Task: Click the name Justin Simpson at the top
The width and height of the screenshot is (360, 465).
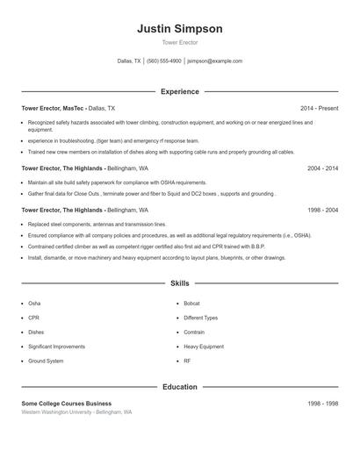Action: point(179,28)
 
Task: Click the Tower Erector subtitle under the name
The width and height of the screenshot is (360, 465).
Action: point(179,42)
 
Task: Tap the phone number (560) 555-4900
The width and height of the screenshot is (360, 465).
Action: point(164,61)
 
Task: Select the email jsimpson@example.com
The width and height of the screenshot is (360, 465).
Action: point(215,61)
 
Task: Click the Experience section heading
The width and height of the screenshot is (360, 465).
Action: point(179,91)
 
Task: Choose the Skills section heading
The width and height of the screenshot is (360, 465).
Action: point(179,283)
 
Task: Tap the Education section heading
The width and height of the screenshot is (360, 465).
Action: point(179,386)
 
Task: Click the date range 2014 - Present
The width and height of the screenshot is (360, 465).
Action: point(319,108)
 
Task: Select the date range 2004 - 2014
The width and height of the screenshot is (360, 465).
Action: point(322,167)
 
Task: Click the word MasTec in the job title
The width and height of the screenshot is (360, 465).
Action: point(74,108)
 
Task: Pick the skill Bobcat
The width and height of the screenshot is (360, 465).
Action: point(191,304)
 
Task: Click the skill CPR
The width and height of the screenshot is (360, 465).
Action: point(33,318)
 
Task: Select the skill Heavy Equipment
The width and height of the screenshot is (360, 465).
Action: point(203,347)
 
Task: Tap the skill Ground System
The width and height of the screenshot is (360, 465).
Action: point(46,361)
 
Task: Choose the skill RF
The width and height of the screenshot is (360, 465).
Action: point(187,361)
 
